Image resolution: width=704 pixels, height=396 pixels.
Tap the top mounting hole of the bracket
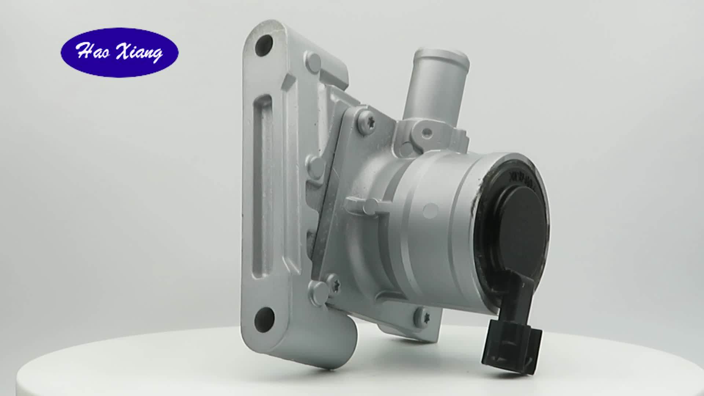[264, 45]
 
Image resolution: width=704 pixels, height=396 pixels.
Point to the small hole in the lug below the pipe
[426, 132]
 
